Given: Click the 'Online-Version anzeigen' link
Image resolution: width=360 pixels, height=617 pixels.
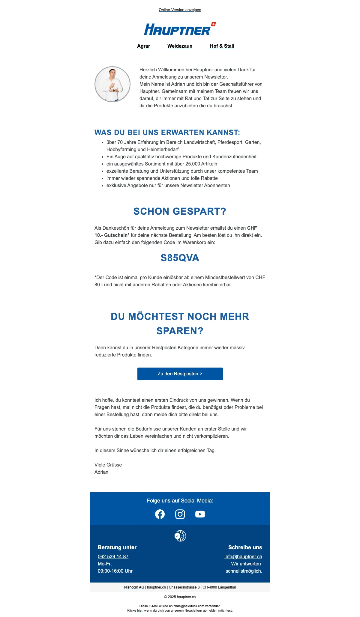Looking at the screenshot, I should (180, 10).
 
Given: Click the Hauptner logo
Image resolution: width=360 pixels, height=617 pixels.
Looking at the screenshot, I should (178, 29).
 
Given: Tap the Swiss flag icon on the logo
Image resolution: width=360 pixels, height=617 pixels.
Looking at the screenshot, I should (213, 24).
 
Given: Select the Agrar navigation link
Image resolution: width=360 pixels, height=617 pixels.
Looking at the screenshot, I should (143, 46).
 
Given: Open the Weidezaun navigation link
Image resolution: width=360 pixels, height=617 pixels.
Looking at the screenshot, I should (180, 46).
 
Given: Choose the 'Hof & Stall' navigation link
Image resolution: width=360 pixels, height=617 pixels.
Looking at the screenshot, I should (222, 46).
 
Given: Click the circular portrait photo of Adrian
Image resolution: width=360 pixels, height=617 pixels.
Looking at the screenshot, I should (112, 84).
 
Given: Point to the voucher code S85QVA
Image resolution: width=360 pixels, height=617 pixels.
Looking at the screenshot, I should (180, 258).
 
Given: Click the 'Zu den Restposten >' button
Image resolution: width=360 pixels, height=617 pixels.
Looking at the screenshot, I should (180, 374).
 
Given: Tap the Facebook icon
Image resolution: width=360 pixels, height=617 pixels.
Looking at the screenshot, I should (160, 514).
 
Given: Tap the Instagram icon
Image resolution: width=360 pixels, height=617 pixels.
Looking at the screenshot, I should (180, 514).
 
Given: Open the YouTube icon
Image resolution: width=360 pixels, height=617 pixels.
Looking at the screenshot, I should (200, 514).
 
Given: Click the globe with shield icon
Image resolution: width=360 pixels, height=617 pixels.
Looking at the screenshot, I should (180, 536).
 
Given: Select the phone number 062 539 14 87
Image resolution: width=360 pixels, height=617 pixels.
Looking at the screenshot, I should (113, 556).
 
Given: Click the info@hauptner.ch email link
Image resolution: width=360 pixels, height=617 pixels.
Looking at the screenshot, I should (243, 556).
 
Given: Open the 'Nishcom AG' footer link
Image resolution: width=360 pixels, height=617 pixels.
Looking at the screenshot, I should (134, 587).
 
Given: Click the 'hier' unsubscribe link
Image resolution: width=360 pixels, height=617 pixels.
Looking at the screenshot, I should (140, 610).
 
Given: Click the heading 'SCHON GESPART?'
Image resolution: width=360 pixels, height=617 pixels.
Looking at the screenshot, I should (180, 211).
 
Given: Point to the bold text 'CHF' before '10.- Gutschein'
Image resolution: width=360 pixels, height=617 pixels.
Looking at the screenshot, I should (252, 228).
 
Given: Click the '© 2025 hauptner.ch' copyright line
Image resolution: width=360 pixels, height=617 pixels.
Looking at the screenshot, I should (180, 597).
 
